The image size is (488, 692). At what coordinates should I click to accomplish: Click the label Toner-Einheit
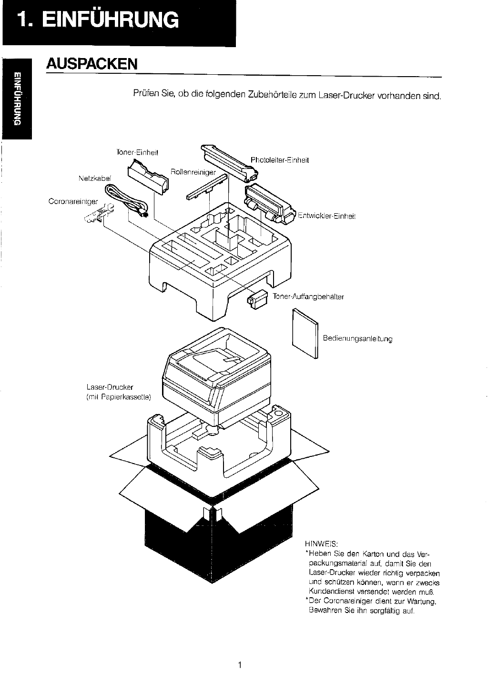pos(137,152)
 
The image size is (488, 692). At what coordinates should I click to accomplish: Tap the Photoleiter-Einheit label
pos(280,160)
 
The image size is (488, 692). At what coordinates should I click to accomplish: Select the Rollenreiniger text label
pos(193,172)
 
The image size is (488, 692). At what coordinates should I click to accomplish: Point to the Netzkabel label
pos(95,178)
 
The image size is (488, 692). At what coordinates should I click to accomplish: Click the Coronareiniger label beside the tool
pos(73,201)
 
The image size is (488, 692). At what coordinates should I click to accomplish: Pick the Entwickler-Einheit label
pos(326,216)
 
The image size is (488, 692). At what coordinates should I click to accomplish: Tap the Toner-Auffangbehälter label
pos(308,297)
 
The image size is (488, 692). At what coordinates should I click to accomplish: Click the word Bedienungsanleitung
pos(357,338)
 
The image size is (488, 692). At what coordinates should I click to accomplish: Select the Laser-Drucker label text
pos(110,387)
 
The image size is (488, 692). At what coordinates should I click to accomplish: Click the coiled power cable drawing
pos(126,200)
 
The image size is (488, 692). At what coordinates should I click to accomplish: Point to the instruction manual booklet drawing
pos(305,333)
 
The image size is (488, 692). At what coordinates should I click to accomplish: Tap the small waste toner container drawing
pos(257,299)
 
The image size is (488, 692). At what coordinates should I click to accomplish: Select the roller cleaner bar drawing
pos(207,187)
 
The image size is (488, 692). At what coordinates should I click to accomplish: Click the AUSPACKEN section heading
pos(92,64)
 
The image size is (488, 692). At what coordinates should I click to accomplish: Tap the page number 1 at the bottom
pos(240,664)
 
